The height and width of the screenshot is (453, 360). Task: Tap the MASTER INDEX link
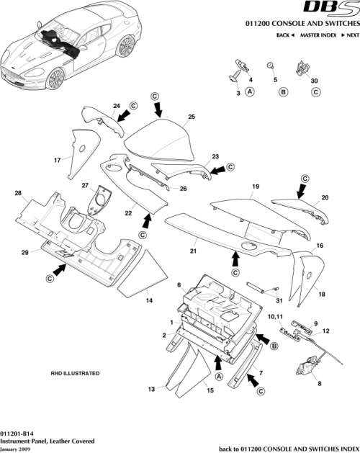[315, 35]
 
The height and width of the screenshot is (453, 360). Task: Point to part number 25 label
[192, 116]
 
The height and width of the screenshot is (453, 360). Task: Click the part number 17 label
[56, 159]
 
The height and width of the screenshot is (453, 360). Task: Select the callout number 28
[18, 193]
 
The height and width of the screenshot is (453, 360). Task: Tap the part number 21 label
[192, 251]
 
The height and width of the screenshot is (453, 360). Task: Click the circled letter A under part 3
[250, 92]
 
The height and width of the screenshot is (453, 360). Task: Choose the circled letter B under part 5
[283, 92]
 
